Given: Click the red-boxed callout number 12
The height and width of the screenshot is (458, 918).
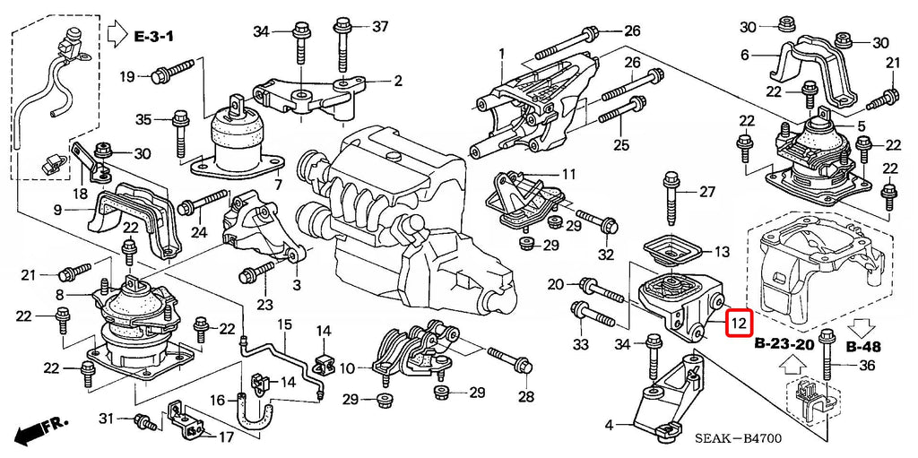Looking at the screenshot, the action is click(x=740, y=324).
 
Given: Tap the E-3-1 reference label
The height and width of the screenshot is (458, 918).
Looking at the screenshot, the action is click(x=153, y=37).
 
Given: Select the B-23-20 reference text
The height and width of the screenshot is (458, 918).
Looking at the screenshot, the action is click(x=784, y=345).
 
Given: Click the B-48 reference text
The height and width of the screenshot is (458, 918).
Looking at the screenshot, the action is click(x=863, y=347).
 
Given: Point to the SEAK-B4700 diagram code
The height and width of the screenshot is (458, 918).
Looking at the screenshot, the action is click(x=739, y=438).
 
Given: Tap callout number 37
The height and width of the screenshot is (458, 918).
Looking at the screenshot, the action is click(x=380, y=26).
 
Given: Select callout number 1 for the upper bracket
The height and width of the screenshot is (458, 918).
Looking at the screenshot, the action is click(x=502, y=53).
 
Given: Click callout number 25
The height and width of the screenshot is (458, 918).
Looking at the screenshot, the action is click(x=620, y=144).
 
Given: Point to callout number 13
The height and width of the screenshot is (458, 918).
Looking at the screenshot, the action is click(x=722, y=253).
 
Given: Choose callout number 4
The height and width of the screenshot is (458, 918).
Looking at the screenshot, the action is click(x=609, y=425).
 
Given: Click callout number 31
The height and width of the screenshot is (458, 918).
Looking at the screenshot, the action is click(x=106, y=419).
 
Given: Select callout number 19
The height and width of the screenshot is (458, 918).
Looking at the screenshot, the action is click(x=127, y=76).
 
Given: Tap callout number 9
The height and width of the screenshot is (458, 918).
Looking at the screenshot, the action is click(x=57, y=209).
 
